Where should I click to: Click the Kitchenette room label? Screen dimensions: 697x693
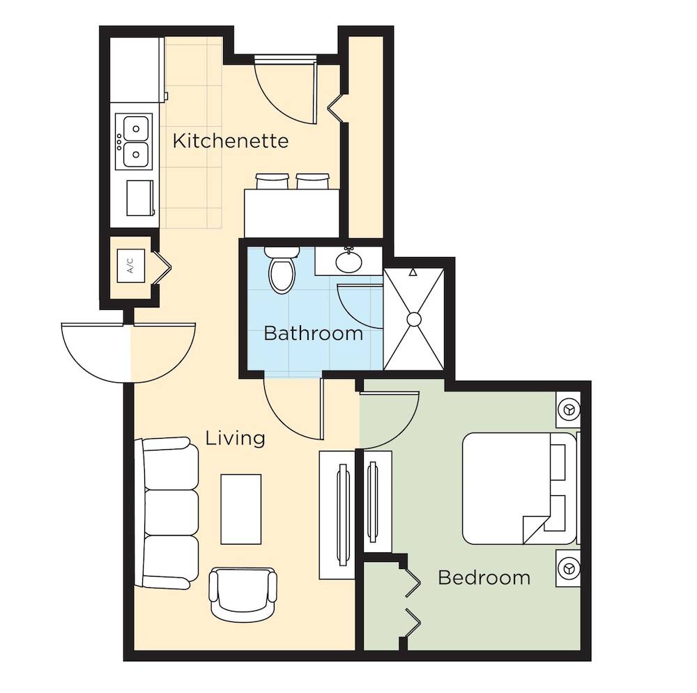230,141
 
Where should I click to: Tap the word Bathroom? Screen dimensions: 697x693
314,333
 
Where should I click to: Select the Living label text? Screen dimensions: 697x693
235,439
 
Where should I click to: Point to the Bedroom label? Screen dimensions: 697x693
484,577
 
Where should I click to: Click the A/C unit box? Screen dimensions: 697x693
131,265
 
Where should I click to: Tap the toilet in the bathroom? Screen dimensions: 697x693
282,270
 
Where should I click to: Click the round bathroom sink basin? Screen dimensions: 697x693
348,262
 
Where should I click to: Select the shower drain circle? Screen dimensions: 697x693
414,320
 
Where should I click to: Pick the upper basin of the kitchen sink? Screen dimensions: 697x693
136,128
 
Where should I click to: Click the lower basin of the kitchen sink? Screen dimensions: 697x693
136,154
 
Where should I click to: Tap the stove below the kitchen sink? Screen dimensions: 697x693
140,198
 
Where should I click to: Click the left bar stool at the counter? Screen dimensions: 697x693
272,181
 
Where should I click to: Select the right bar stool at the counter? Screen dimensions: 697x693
313,181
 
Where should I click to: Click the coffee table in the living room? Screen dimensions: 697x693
241,509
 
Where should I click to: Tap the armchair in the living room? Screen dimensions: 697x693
243,594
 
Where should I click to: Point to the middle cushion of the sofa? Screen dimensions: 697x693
171,513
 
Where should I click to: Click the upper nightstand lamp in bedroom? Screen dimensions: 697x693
569,409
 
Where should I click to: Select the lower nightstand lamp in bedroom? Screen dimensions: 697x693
569,568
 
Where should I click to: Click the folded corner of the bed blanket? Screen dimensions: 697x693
535,529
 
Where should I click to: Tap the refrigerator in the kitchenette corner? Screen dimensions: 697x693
137,70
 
